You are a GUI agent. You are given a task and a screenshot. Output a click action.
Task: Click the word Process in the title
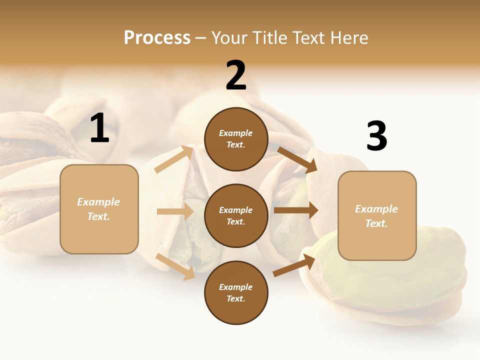click(x=157, y=37)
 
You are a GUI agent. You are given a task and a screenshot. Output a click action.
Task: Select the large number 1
click(x=99, y=128)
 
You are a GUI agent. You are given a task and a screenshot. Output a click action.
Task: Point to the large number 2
click(x=236, y=75)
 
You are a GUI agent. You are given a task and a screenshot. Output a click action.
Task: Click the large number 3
click(x=376, y=136)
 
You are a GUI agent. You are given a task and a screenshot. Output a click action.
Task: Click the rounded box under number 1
click(x=99, y=209)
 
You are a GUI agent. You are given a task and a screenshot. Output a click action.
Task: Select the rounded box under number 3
click(x=377, y=216)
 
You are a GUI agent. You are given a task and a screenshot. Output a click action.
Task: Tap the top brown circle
click(x=236, y=139)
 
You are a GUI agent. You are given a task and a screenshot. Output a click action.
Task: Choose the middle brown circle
click(x=236, y=215)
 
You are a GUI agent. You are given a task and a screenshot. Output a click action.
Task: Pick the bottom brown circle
click(x=236, y=292)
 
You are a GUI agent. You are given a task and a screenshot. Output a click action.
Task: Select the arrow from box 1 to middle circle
click(x=175, y=211)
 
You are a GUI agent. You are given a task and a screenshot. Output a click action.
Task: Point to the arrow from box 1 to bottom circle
click(x=175, y=266)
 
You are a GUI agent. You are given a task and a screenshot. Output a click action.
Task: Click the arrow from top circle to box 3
click(x=297, y=159)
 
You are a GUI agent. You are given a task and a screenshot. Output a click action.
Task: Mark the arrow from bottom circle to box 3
click(x=294, y=265)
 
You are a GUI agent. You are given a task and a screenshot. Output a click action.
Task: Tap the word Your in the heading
click(x=229, y=37)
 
